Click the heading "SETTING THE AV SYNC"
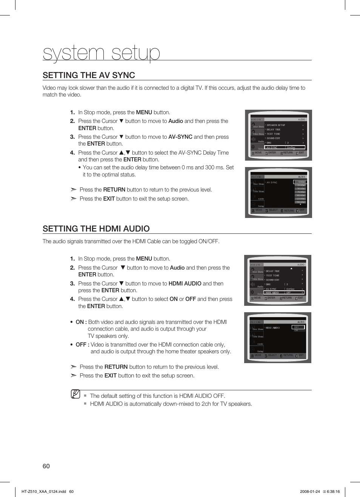[x=89, y=75]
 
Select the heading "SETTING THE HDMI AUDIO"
[x=96, y=229]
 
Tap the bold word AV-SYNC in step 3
[x=180, y=137]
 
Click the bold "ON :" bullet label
[x=81, y=322]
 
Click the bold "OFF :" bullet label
[x=82, y=345]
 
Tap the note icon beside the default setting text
[x=75, y=394]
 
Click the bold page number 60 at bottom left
[x=46, y=466]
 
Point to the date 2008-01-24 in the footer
[x=310, y=491]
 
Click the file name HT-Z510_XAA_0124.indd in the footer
[x=44, y=491]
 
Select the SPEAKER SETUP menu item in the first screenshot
[x=276, y=125]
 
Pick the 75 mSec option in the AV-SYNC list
[x=300, y=192]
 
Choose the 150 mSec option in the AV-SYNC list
[x=300, y=202]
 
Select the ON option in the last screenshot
[x=296, y=330]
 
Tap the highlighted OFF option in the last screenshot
[x=298, y=327]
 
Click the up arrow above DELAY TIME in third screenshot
[x=291, y=268]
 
